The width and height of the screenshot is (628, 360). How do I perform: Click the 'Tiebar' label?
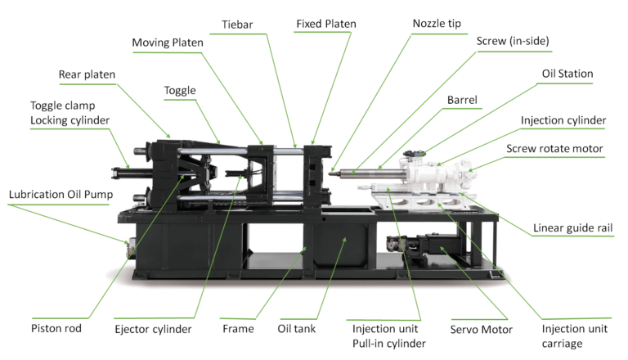click(x=237, y=25)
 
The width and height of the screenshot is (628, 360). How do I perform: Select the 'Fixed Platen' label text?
click(x=326, y=24)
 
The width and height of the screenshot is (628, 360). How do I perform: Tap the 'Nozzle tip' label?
click(x=437, y=24)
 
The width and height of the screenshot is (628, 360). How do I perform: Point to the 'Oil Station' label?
click(x=567, y=74)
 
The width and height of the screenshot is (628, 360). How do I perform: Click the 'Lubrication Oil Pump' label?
click(x=61, y=195)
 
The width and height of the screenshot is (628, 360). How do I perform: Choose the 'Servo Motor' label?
click(x=481, y=330)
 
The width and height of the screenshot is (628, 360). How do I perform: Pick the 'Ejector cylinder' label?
click(x=153, y=330)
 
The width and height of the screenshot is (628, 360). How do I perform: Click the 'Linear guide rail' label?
click(x=572, y=228)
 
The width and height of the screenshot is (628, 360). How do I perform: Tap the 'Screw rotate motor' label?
click(x=554, y=149)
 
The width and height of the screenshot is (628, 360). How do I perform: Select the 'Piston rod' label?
click(x=56, y=329)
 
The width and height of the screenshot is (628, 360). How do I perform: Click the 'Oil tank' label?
click(x=296, y=329)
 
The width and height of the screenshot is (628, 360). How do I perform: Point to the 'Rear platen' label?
click(x=87, y=74)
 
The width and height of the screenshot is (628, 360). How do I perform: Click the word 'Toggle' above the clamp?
click(x=180, y=91)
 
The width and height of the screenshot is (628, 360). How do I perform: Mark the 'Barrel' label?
click(x=462, y=100)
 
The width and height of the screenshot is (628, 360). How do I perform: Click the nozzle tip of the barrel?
click(x=331, y=173)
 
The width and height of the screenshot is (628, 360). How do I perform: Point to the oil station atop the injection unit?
click(x=414, y=155)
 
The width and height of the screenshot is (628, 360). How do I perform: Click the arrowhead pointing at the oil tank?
click(x=344, y=240)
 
